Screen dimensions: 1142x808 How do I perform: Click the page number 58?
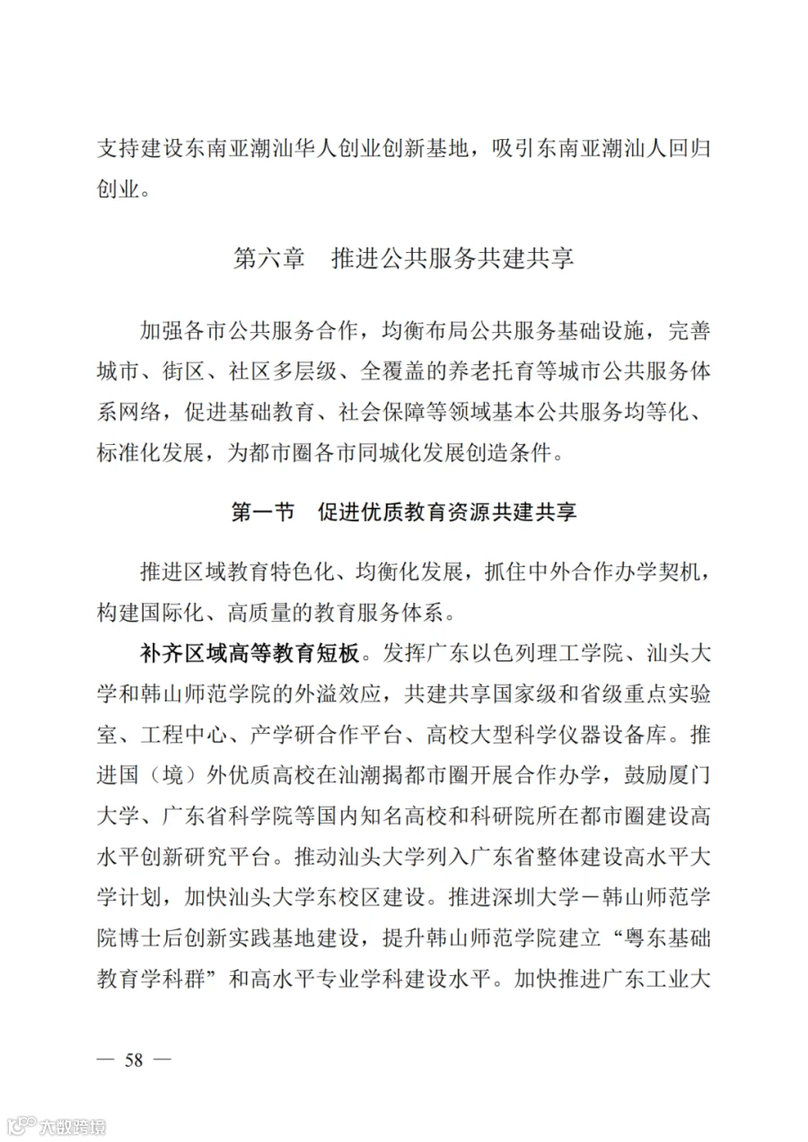(134, 1059)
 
